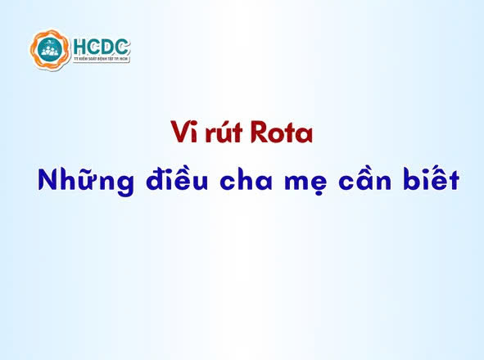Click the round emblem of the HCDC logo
coord(48,50)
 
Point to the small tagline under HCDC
coord(101,60)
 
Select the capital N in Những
coord(48,181)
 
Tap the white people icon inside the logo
coord(48,53)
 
